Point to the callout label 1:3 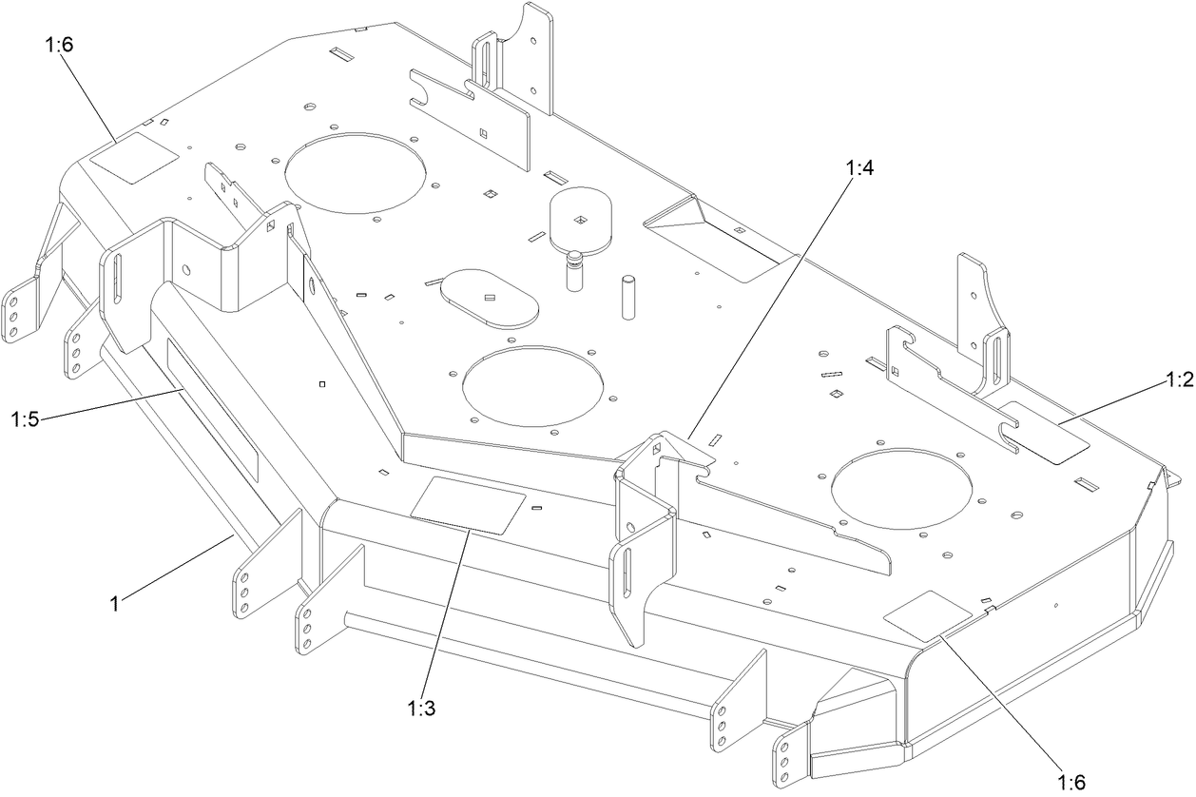[x=422, y=709]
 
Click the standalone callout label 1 [x=115, y=603]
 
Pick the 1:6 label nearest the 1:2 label [x=1071, y=782]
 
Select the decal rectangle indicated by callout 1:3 [x=468, y=505]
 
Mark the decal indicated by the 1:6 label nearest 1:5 [x=134, y=156]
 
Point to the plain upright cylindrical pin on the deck [x=628, y=296]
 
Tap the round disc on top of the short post [x=582, y=220]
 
